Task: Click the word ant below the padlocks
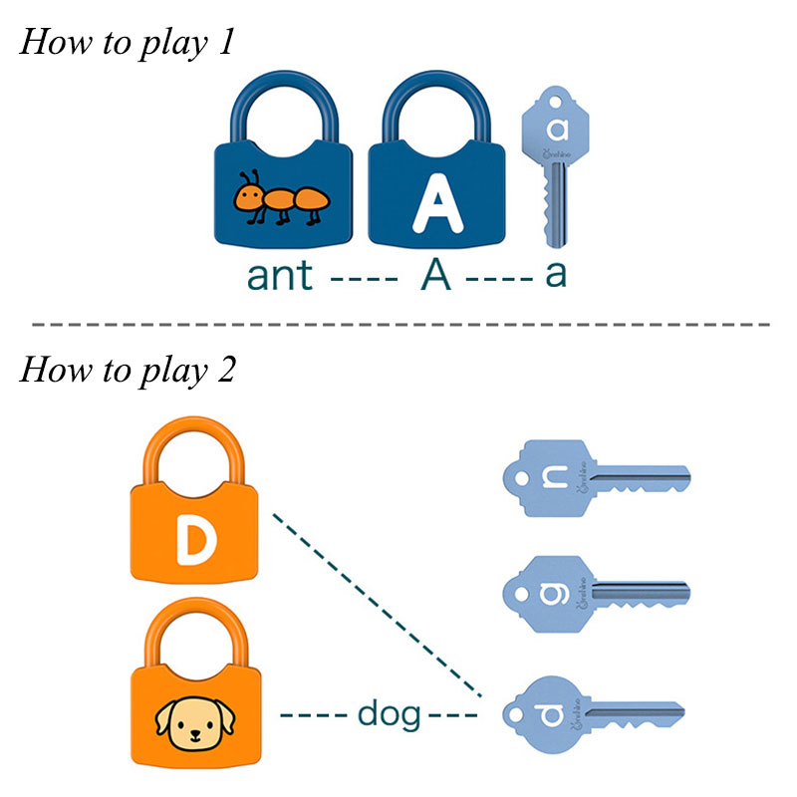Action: pos(280,275)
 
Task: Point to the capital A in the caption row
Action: pos(434,274)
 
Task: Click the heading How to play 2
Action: pos(129,370)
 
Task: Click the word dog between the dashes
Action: pos(390,713)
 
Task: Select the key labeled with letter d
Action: pos(594,713)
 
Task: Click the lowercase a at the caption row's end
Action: pos(555,275)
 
